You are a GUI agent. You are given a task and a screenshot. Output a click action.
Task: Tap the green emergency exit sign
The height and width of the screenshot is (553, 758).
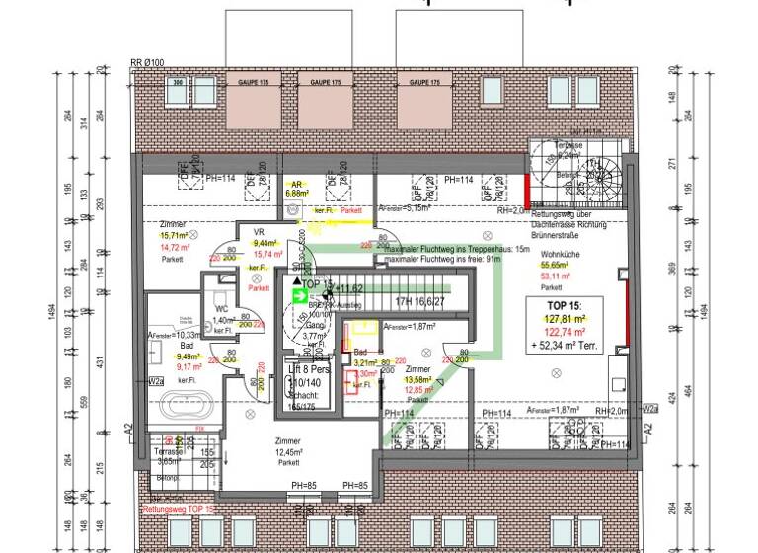pyautogui.click(x=299, y=294)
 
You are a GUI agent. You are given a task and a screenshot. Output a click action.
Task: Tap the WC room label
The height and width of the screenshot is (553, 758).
pyautogui.click(x=223, y=310)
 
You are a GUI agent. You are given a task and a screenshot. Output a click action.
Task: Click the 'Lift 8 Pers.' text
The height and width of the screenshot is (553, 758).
pyautogui.click(x=307, y=367)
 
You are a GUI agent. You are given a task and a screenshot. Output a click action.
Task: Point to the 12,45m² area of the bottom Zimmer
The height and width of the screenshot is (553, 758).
pyautogui.click(x=288, y=452)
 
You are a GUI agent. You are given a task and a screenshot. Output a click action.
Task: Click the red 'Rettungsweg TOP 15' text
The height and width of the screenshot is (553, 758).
pyautogui.click(x=179, y=510)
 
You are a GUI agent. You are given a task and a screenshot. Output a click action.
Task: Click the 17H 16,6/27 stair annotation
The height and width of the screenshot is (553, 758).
pyautogui.click(x=418, y=302)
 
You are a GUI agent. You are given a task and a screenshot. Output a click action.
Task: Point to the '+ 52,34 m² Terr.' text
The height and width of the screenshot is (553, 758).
pyautogui.click(x=568, y=347)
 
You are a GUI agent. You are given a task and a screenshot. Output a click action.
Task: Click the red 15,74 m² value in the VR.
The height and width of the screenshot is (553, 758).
pyautogui.click(x=268, y=254)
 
